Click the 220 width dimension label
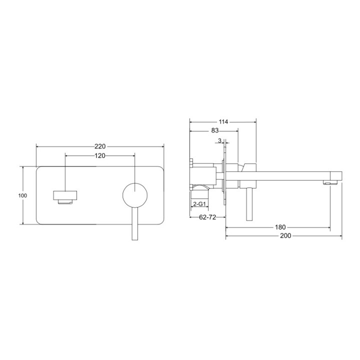[x=100, y=146]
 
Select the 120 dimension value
[x=100, y=155]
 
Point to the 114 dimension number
[x=223, y=121]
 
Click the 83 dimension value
[x=214, y=131]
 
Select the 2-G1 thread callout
[x=200, y=204]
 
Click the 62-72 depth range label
[x=207, y=217]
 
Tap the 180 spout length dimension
[x=280, y=227]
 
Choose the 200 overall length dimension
[x=285, y=235]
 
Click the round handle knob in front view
[x=135, y=195]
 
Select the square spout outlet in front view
[x=65, y=196]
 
